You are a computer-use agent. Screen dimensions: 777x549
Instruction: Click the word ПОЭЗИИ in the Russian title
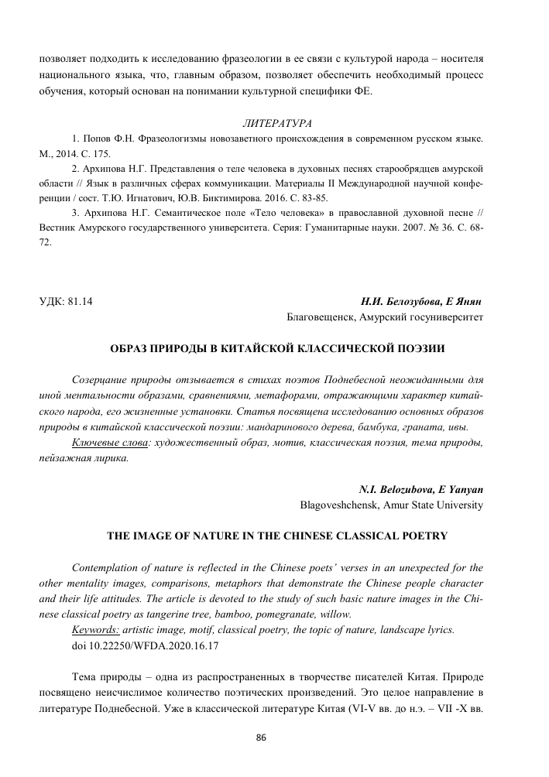[x=416, y=348]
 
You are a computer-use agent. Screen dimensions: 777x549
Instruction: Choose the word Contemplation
[x=107, y=566]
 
